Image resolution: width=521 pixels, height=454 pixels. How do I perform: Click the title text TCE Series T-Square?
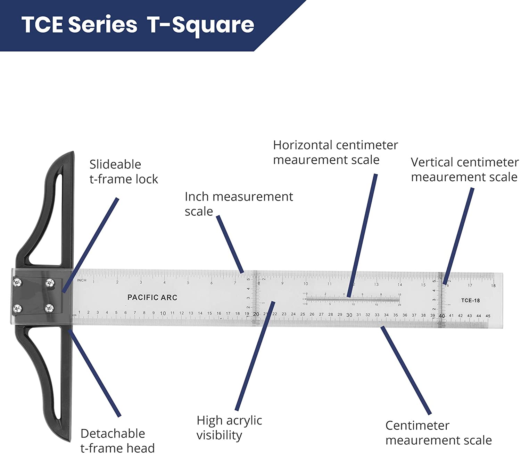pyautogui.click(x=138, y=25)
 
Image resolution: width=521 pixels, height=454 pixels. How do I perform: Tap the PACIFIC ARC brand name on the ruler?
pyautogui.click(x=152, y=298)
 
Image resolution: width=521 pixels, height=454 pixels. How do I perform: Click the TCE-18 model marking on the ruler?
pyautogui.click(x=470, y=300)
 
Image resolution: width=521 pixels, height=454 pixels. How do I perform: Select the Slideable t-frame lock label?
pyautogui.click(x=123, y=172)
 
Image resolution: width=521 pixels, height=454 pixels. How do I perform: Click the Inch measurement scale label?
pyautogui.click(x=239, y=204)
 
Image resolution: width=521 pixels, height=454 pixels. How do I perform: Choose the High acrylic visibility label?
pyautogui.click(x=229, y=427)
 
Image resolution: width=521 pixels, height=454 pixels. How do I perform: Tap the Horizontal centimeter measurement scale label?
pyautogui.click(x=335, y=152)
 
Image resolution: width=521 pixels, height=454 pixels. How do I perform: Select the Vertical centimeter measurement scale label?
pyautogui.click(x=464, y=170)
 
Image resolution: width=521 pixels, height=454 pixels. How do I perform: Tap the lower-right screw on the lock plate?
pyautogui.click(x=50, y=308)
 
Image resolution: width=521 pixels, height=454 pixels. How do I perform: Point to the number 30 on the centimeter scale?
pyautogui.click(x=349, y=315)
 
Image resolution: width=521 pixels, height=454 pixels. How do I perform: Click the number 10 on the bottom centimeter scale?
pyautogui.click(x=163, y=313)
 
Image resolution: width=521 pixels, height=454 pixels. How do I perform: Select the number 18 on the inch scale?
pyautogui.click(x=493, y=285)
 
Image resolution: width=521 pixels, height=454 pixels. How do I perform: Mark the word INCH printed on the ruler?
pyautogui.click(x=82, y=280)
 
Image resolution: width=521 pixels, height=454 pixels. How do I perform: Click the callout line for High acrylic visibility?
pyautogui.click(x=255, y=356)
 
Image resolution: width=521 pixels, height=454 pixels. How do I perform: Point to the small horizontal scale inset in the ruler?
pyautogui.click(x=353, y=299)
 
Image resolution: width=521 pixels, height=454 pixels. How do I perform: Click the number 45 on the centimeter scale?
pyautogui.click(x=488, y=316)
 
